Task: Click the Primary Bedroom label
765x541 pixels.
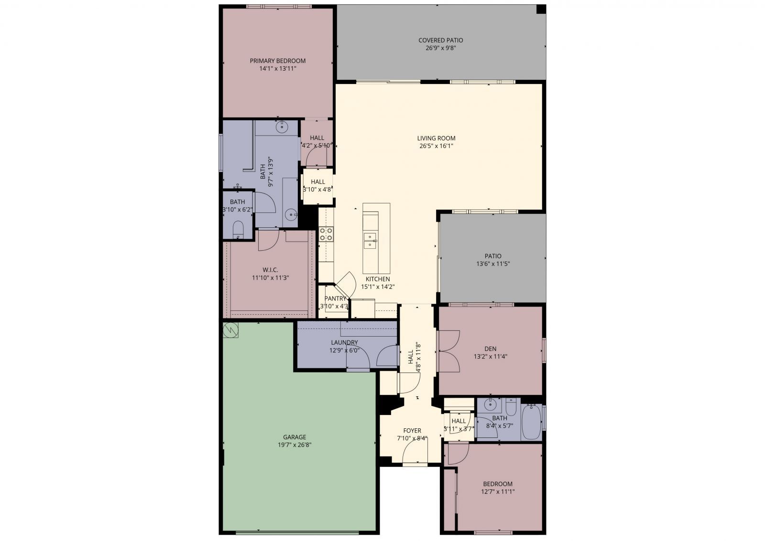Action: [x=277, y=61]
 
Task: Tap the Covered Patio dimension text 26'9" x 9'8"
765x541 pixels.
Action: [x=440, y=48]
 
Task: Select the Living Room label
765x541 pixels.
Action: [x=436, y=138]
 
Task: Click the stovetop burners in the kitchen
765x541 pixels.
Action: [x=327, y=234]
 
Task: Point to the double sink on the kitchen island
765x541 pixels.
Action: [x=370, y=241]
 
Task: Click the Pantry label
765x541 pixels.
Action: [x=335, y=298]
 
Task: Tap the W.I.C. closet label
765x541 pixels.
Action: [x=270, y=270]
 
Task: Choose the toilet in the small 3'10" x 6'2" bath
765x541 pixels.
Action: [x=238, y=230]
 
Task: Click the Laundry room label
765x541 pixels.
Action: [x=344, y=342]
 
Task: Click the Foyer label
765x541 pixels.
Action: [x=412, y=430]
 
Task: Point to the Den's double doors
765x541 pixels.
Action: [x=448, y=352]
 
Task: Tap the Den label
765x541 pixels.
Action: [x=490, y=349]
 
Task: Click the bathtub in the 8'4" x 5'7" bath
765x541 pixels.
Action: [x=531, y=422]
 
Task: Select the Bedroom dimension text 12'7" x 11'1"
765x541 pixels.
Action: [x=498, y=491]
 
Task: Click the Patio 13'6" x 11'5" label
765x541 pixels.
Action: [x=492, y=256]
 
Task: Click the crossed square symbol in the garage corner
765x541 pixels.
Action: [x=231, y=329]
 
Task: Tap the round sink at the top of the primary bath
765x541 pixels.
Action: [x=283, y=127]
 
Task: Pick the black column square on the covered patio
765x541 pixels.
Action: [x=541, y=10]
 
